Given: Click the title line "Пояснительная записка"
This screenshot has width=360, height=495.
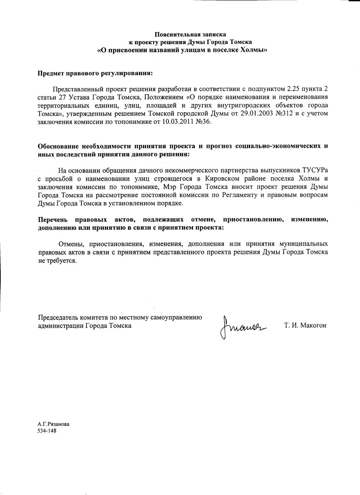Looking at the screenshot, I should point(190,35).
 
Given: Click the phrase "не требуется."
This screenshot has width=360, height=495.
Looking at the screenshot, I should point(57,260).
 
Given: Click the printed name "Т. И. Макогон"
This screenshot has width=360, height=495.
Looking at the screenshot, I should point(305,326).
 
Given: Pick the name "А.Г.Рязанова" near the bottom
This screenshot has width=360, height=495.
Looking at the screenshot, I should point(54,424).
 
